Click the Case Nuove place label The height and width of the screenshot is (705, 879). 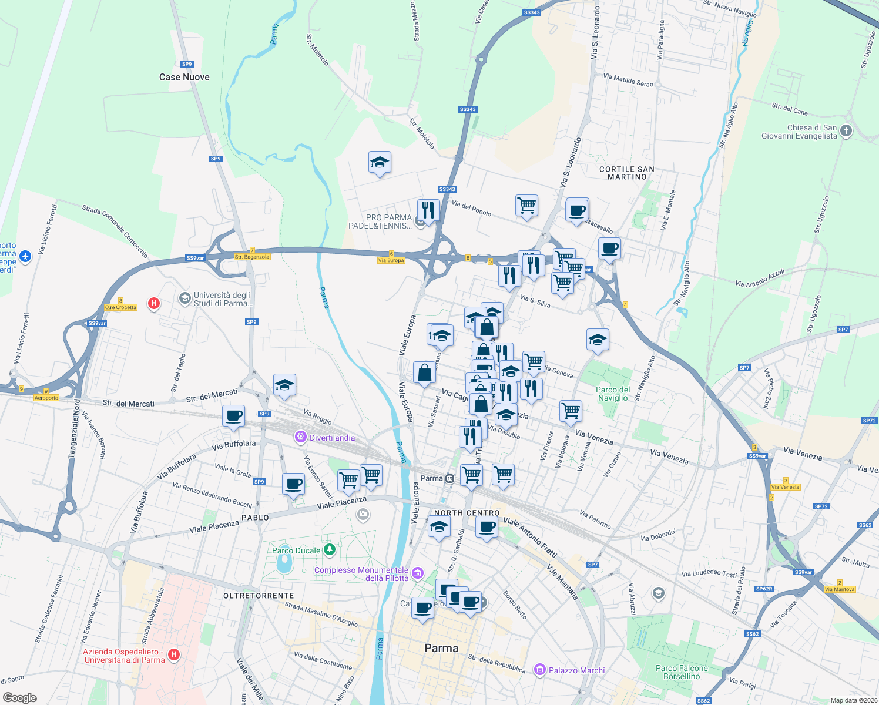point(184,77)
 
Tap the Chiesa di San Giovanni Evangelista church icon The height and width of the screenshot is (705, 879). point(846,131)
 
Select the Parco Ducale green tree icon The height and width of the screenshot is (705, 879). point(330,550)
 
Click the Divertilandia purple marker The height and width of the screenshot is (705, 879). point(301,437)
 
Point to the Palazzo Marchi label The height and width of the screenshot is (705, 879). point(576,670)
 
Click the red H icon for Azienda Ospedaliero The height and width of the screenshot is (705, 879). point(173,654)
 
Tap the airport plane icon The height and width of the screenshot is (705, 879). point(25,256)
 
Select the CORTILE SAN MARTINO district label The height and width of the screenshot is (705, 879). point(627,173)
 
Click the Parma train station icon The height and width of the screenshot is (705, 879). point(449,478)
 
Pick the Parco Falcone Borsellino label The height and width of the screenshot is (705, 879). point(682,672)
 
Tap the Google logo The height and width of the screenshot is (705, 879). point(19,698)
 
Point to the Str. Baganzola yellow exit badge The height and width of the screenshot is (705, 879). point(252,257)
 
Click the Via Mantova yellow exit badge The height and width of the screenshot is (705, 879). point(840,589)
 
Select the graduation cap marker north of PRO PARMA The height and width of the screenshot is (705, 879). point(380,163)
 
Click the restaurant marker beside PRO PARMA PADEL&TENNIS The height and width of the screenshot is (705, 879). point(428,210)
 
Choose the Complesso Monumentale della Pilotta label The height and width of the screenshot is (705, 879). point(361,574)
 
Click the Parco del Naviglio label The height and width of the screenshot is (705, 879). point(613,394)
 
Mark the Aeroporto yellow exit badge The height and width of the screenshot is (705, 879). point(46,398)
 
